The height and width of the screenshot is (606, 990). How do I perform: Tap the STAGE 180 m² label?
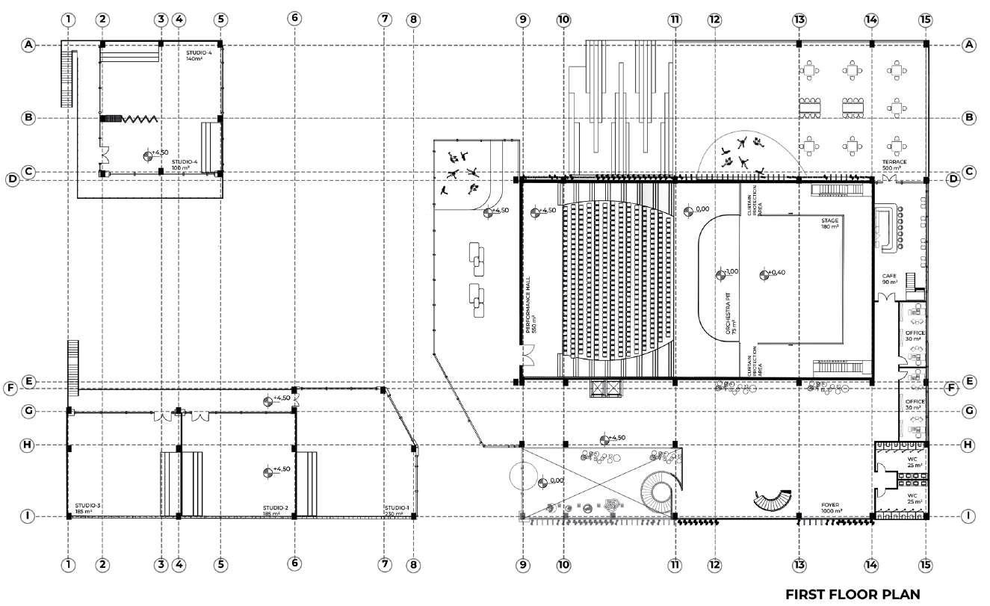[830, 223]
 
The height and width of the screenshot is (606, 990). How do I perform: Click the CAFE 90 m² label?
[889, 279]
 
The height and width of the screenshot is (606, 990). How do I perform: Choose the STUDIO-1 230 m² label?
[397, 510]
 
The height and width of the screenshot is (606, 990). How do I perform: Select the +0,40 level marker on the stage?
[764, 274]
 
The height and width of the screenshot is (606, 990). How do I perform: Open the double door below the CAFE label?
[887, 297]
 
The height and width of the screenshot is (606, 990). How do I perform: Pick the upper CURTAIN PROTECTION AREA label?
[754, 200]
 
